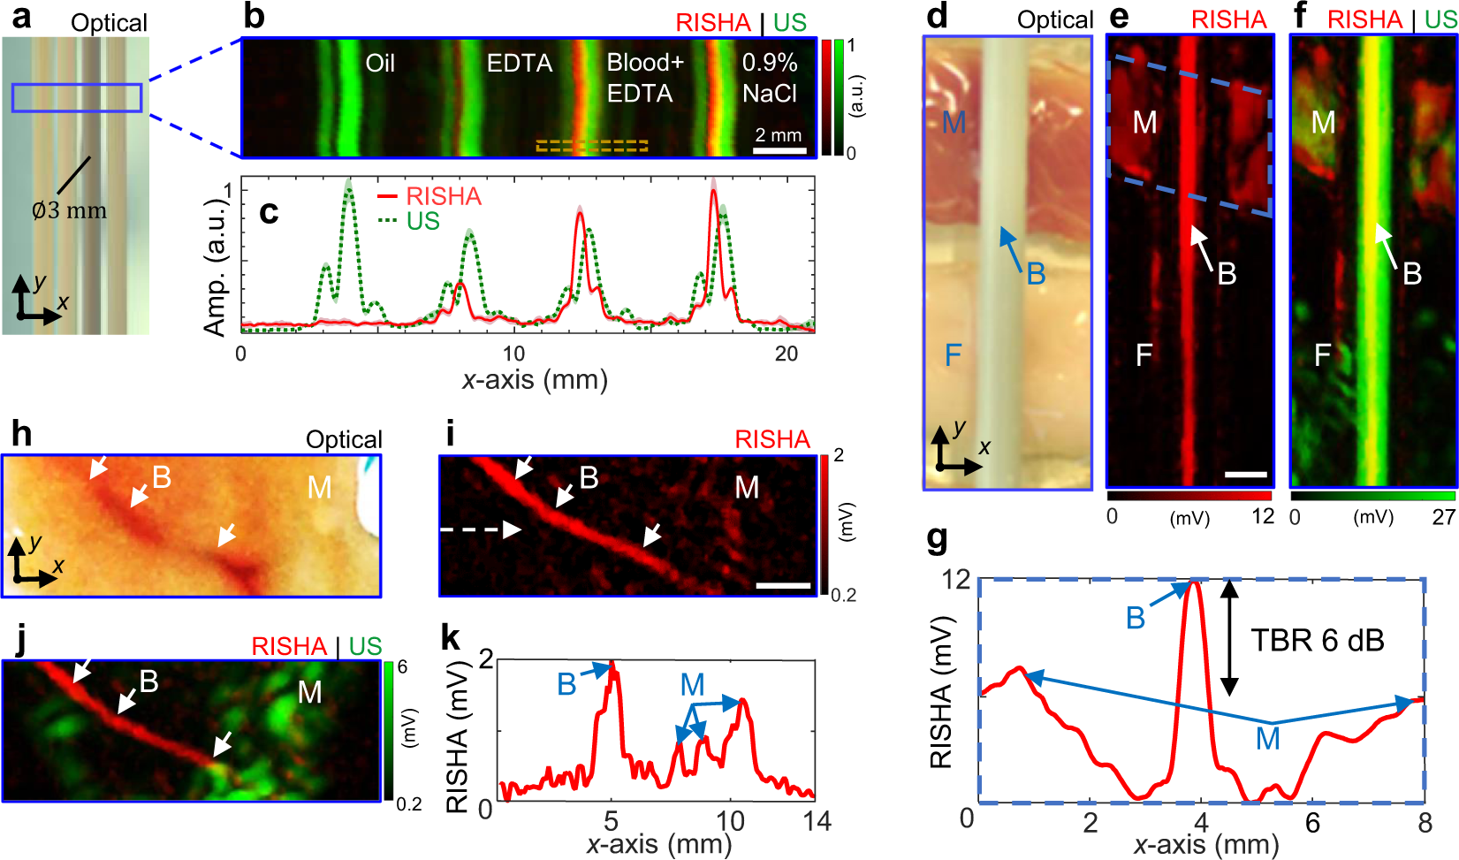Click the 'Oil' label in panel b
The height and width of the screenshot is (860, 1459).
click(380, 64)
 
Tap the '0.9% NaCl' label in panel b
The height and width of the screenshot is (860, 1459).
click(769, 78)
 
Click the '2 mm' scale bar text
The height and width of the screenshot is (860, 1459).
click(779, 135)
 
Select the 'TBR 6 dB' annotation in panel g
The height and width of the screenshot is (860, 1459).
click(1317, 640)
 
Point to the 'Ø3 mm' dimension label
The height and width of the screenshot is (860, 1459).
click(69, 210)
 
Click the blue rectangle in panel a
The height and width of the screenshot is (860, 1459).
click(77, 97)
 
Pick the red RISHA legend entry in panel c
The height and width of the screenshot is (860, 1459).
click(430, 196)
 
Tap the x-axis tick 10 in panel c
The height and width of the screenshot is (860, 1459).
click(513, 354)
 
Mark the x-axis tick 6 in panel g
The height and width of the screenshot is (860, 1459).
click(1312, 823)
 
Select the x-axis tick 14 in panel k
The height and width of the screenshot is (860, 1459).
click(817, 821)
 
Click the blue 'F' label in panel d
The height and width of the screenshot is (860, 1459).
click(952, 355)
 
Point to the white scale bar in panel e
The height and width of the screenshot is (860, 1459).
click(1246, 475)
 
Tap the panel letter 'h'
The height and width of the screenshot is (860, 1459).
click(21, 434)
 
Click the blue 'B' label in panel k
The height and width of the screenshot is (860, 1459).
click(566, 684)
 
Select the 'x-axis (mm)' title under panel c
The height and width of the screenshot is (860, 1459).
click(535, 380)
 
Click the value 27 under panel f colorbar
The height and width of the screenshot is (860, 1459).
click(1443, 517)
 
